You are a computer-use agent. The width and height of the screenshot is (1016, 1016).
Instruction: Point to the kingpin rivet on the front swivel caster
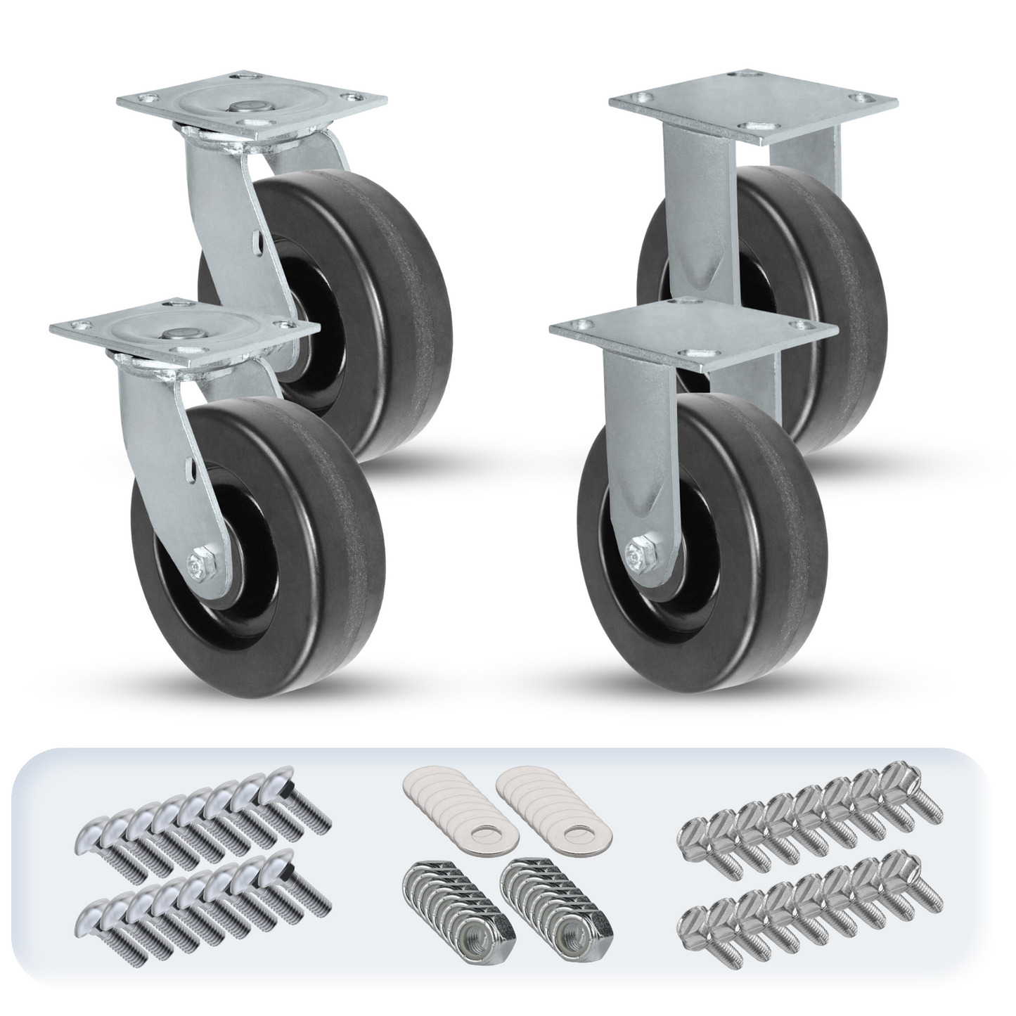pyautogui.click(x=169, y=337)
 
